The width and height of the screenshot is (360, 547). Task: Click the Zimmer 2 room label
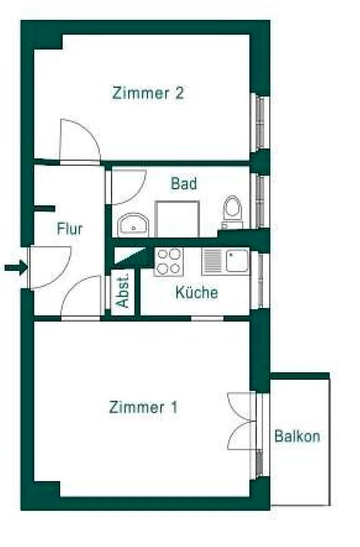point(148,93)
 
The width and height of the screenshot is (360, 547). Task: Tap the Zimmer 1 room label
point(144,407)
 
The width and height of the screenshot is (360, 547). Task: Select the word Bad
point(184,184)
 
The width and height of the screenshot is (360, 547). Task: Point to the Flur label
point(70,229)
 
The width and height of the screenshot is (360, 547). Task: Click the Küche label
point(197,292)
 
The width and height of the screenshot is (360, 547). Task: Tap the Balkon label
point(297,436)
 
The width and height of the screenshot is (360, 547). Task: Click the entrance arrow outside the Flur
point(16,268)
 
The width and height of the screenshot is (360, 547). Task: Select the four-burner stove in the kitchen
point(169,262)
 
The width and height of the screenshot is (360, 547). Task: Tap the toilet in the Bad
point(233,212)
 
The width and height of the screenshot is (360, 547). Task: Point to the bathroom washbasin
point(133,225)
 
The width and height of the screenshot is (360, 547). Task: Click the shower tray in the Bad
point(177,219)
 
